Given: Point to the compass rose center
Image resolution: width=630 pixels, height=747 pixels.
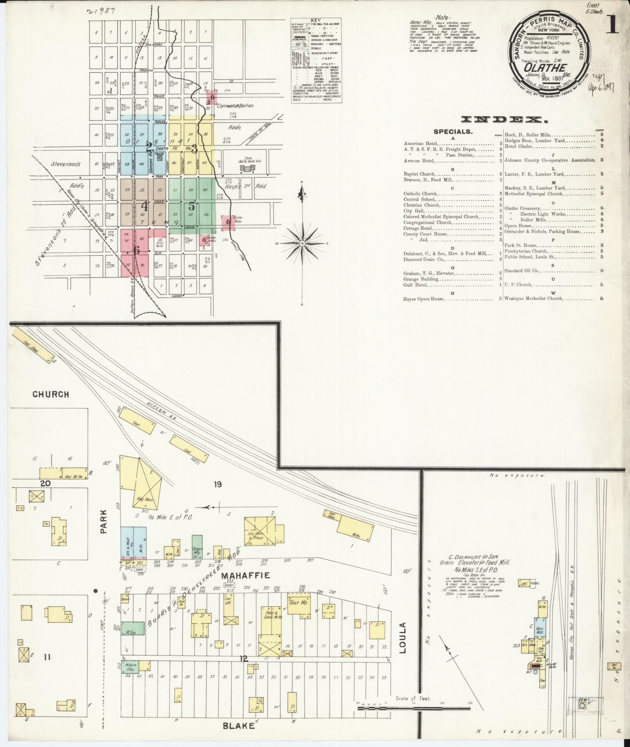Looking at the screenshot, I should (302, 243).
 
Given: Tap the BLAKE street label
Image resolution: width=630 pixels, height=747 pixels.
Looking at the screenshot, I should (238, 726).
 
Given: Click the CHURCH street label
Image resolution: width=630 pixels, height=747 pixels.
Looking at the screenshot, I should (51, 394).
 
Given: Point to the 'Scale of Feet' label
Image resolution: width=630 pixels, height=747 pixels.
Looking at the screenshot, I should (413, 698).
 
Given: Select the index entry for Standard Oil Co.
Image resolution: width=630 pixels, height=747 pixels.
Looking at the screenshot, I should (521, 271).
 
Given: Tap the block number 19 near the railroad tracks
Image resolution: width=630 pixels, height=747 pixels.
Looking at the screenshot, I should (218, 485).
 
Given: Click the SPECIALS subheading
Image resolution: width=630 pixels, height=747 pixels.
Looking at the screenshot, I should (453, 132).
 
